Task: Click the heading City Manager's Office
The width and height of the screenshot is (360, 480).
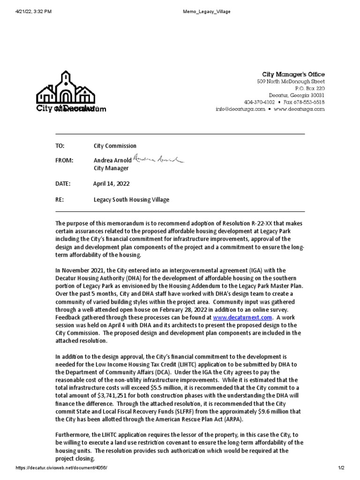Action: [293, 75]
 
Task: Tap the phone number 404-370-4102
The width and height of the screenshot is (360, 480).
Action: [259, 102]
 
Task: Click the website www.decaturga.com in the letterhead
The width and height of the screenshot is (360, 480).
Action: [299, 109]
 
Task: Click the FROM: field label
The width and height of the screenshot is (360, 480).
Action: [64, 160]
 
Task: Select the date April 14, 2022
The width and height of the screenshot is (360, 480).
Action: [111, 184]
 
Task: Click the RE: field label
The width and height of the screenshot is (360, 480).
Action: [60, 200]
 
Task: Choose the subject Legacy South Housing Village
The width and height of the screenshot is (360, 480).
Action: [131, 200]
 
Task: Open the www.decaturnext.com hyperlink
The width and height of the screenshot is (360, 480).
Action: [242, 317]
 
